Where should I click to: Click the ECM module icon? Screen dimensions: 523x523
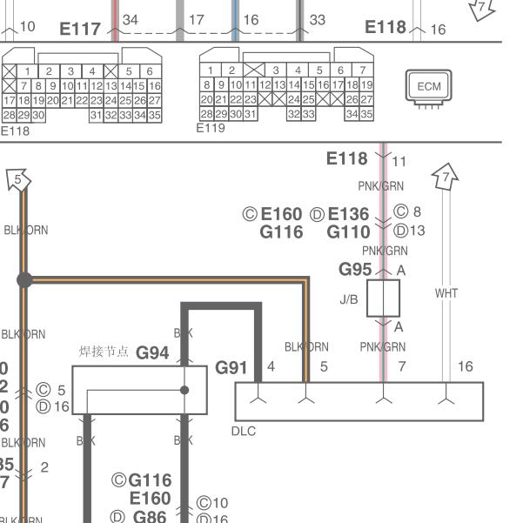(x=429, y=87)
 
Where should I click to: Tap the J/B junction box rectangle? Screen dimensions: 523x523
(x=383, y=298)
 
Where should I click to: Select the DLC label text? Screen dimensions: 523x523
(x=245, y=431)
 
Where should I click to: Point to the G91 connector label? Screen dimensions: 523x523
(x=231, y=367)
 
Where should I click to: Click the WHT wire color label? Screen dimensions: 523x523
(x=446, y=293)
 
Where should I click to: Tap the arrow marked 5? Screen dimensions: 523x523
(x=18, y=180)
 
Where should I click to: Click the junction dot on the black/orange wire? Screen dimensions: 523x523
(x=24, y=280)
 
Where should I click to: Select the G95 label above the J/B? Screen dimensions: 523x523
(x=356, y=270)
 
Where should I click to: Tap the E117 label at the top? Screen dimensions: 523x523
(x=80, y=30)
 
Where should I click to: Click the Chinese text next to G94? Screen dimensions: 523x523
(x=104, y=352)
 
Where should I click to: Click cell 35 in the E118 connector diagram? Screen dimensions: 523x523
(x=154, y=115)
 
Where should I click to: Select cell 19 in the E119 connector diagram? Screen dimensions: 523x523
(x=366, y=85)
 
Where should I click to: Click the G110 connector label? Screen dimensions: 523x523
(x=348, y=231)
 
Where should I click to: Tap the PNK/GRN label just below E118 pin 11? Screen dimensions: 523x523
(x=381, y=186)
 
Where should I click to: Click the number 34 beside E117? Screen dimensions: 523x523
(x=131, y=19)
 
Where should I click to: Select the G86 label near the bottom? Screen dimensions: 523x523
(x=150, y=516)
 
